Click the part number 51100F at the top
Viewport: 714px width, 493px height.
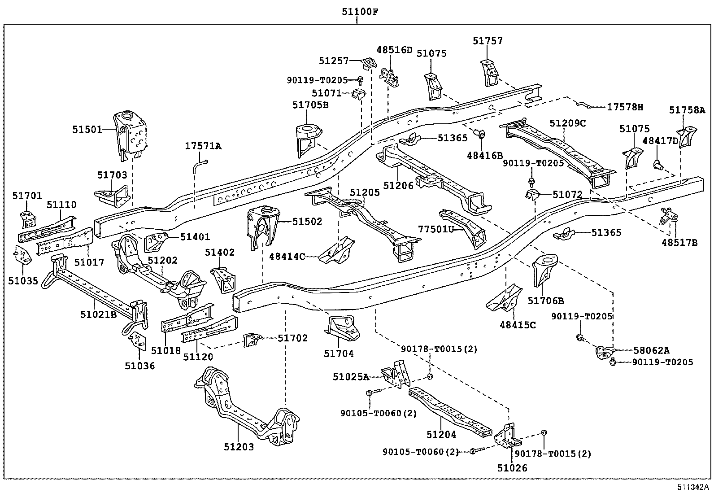click(357, 12)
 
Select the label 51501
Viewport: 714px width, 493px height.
click(87, 130)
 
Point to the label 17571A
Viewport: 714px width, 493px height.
click(203, 146)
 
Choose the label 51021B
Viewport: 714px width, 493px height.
click(98, 314)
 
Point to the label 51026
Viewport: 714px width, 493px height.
click(512, 468)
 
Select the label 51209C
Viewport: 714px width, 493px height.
click(568, 123)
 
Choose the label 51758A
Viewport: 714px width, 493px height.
click(687, 109)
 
